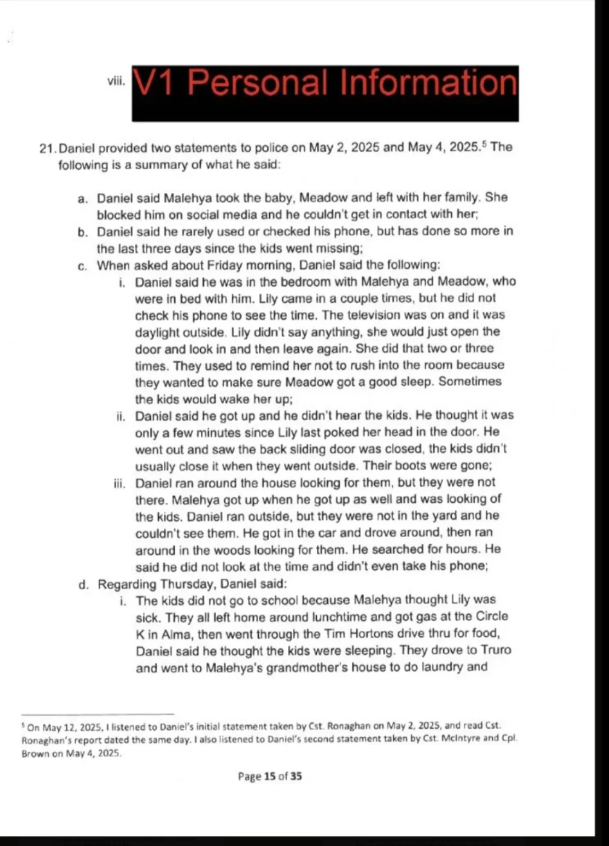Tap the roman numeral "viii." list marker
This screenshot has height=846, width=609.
point(116,82)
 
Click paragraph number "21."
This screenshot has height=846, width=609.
point(48,147)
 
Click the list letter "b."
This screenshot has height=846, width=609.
point(83,232)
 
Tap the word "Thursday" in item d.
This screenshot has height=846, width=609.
point(186,584)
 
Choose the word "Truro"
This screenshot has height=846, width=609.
point(495,651)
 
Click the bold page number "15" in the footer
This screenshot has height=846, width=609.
point(270,777)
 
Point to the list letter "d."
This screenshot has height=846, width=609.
point(83,584)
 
